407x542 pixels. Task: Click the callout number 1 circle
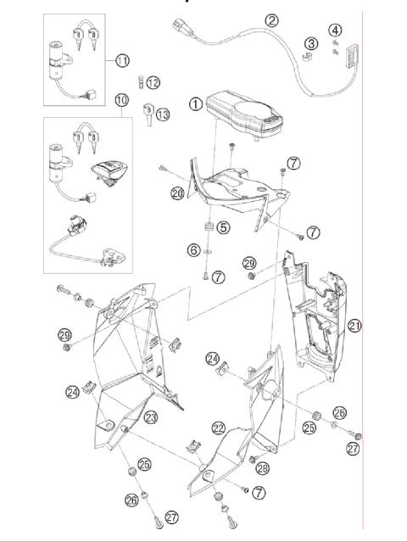196,104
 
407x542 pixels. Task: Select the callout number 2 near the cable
271,20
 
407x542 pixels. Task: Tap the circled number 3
311,43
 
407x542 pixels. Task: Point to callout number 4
337,33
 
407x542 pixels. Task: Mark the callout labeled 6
193,250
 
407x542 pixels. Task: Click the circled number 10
123,100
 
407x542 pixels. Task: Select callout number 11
122,60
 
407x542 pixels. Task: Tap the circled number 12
153,82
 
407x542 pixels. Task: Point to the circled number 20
176,193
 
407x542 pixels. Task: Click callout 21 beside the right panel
354,326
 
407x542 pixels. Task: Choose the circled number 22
218,427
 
